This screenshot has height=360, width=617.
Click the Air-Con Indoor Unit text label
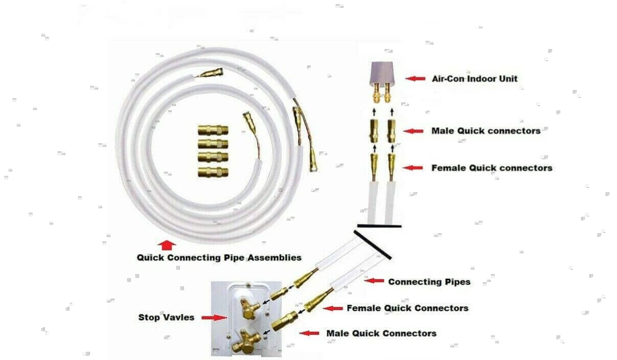(x=474, y=79)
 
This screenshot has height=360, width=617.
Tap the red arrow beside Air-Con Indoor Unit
(x=415, y=79)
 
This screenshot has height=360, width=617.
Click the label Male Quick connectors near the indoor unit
(x=486, y=131)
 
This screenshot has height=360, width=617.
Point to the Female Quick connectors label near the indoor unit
(x=492, y=168)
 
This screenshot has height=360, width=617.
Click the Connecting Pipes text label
(x=429, y=282)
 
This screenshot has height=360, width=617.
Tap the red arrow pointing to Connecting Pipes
(x=374, y=281)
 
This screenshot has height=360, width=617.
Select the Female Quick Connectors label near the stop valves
(x=407, y=308)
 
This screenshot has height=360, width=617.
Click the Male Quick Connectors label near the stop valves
(x=381, y=333)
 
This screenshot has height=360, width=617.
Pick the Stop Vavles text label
(x=166, y=318)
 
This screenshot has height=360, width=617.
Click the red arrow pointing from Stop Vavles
(x=214, y=318)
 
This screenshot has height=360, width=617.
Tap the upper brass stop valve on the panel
(x=249, y=308)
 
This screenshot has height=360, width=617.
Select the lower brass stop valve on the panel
(x=246, y=342)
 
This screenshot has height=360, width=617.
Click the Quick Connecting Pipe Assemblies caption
(x=219, y=258)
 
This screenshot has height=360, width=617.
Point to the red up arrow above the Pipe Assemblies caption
(x=167, y=245)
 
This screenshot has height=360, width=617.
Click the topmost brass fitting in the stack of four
(x=213, y=130)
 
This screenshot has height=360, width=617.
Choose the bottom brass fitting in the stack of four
(x=213, y=172)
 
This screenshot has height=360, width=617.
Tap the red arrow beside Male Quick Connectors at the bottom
(x=309, y=333)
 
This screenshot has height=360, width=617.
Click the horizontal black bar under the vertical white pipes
(x=379, y=226)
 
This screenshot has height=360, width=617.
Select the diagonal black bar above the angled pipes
(x=373, y=245)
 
